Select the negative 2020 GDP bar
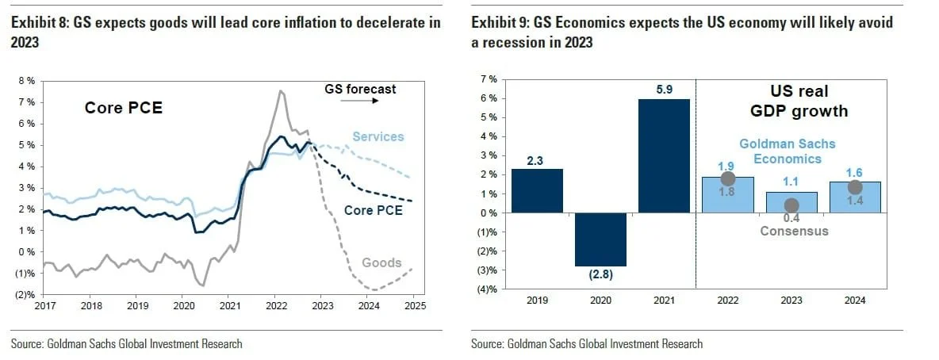pyautogui.click(x=600, y=239)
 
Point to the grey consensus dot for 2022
pyautogui.click(x=728, y=179)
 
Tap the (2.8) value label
pyautogui.click(x=600, y=276)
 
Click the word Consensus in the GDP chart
pyautogui.click(x=794, y=232)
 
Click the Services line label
pyautogui.click(x=378, y=136)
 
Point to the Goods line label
pyautogui.click(x=381, y=262)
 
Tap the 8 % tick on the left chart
pyautogui.click(x=26, y=81)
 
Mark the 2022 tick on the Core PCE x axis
pyautogui.click(x=276, y=305)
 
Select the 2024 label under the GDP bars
pyautogui.click(x=855, y=301)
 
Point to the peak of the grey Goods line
pyautogui.click(x=279, y=91)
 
